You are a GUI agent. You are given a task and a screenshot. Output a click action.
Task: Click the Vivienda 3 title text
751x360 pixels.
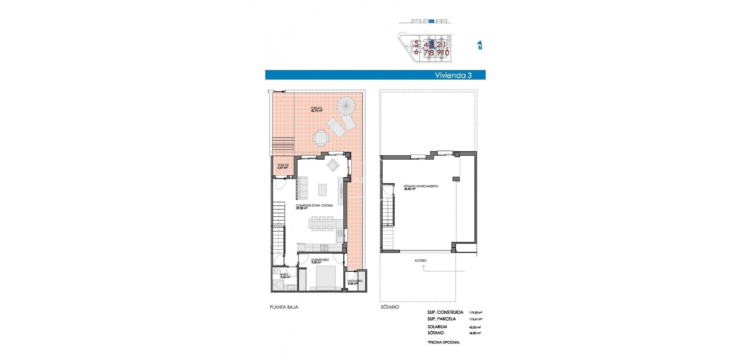point(453,76)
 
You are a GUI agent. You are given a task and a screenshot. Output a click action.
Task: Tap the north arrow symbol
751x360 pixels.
point(480,45)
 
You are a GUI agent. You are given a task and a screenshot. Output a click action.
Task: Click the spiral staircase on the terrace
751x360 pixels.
point(346,105)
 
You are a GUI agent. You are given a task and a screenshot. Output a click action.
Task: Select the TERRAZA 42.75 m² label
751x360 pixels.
point(316,110)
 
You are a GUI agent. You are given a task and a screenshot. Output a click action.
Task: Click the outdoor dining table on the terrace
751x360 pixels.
point(321,138)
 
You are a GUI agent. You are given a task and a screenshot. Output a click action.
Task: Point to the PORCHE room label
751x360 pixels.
point(283,166)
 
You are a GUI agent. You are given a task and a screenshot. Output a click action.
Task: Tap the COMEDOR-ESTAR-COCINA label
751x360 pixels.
point(314,206)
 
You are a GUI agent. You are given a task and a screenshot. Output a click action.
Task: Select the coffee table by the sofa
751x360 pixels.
point(322,190)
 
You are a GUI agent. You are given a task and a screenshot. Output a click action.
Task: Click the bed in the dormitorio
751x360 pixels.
point(325,277)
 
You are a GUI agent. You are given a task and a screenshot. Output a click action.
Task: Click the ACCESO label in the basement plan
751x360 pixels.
point(420,261)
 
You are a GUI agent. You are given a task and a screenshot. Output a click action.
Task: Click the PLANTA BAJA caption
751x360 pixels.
point(284,307)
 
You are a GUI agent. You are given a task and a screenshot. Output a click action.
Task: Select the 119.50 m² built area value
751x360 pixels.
point(475,313)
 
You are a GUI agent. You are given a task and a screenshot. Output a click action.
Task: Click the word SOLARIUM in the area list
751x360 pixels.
point(437,327)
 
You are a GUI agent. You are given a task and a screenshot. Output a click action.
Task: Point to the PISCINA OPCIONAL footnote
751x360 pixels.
point(444,342)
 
